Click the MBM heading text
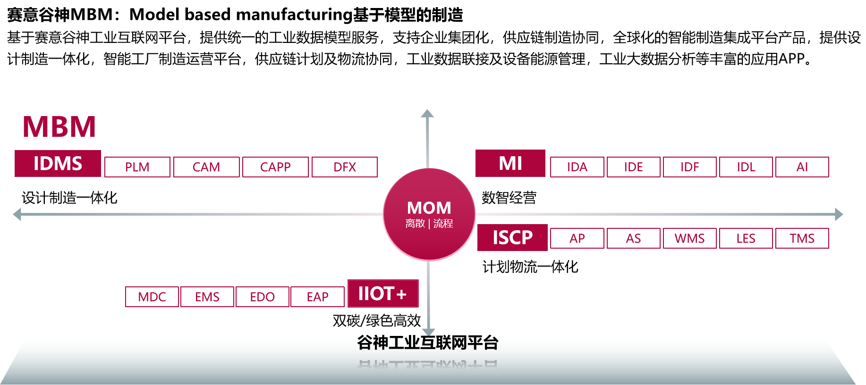[x=59, y=126]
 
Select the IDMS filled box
[x=58, y=164]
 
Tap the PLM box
[x=137, y=167]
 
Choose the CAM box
[x=206, y=167]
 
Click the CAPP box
[x=275, y=167]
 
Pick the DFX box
[x=345, y=167]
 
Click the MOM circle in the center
[x=429, y=214]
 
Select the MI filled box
[x=510, y=163]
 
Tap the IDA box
[x=577, y=167]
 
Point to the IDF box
[x=689, y=167]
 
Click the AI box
[x=802, y=167]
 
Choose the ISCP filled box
[x=512, y=237]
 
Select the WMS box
[x=689, y=238]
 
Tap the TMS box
[x=802, y=238]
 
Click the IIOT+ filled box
[x=383, y=293]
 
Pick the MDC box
[x=152, y=297]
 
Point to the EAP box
[x=317, y=297]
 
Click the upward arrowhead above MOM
[x=427, y=114]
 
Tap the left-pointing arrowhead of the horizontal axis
[x=17, y=214]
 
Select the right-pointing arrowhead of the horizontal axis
[x=839, y=214]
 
